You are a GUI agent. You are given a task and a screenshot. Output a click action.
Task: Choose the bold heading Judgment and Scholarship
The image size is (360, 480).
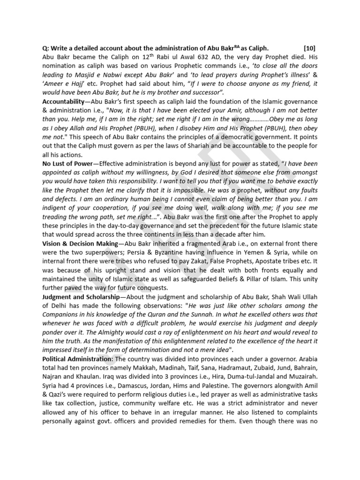click(x=80, y=297)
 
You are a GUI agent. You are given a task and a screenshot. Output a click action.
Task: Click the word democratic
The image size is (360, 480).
click(x=243, y=136)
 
